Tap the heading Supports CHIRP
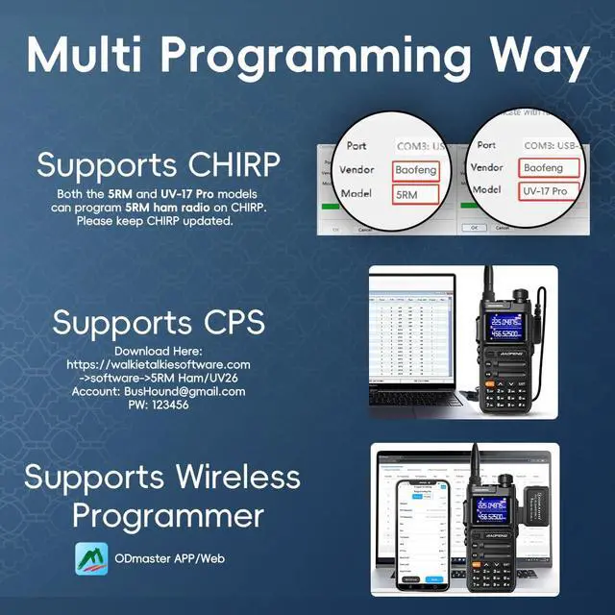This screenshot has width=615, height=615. coord(159,164)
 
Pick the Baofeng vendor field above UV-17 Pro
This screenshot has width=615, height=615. coord(549,167)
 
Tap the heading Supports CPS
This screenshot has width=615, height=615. coord(159,322)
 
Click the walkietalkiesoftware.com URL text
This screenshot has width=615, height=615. coord(159,364)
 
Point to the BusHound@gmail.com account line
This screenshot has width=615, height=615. coord(159,392)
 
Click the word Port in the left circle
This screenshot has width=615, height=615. coord(356,145)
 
